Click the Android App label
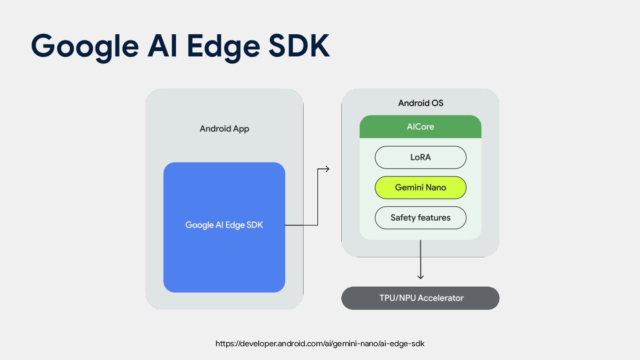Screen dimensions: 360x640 (x=224, y=129)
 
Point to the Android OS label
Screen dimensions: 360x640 (x=420, y=103)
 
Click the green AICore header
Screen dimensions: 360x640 (x=420, y=127)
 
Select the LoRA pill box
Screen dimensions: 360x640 (x=420, y=157)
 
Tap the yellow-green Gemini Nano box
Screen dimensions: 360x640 (x=420, y=188)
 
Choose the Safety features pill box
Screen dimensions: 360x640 (x=420, y=218)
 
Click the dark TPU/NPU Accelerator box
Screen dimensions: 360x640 (x=420, y=298)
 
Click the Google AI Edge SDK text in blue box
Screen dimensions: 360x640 (x=224, y=225)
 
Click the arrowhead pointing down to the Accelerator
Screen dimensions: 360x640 (x=420, y=277)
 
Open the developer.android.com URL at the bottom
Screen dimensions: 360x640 (x=320, y=344)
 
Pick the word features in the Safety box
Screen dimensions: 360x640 (x=433, y=218)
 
